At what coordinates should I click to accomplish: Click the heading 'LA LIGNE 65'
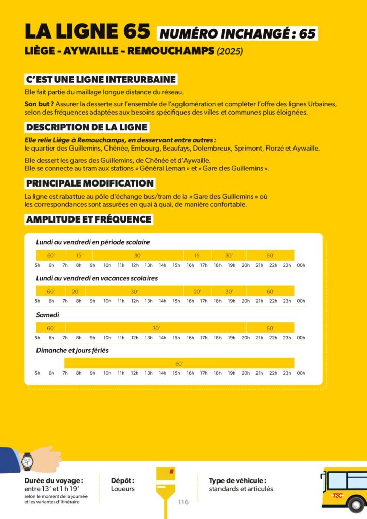[x=87, y=31]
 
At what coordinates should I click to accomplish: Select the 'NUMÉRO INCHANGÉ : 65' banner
[x=238, y=33]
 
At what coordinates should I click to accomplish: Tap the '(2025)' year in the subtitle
[x=230, y=51]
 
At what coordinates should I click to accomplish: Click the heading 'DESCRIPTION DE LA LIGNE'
[x=87, y=127]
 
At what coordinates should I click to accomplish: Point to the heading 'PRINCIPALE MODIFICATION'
[x=90, y=183]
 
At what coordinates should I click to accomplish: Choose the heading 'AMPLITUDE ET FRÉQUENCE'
[x=89, y=219]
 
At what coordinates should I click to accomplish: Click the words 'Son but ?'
[x=35, y=104]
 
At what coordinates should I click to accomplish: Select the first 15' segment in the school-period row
[x=79, y=255]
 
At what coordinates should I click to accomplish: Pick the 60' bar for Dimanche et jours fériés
[x=179, y=363]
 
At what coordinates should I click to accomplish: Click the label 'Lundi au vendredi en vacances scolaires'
[x=97, y=278]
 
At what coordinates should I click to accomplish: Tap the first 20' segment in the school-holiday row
[x=76, y=291]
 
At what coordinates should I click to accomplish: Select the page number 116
[x=183, y=502]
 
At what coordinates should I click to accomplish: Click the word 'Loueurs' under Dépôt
[x=123, y=489]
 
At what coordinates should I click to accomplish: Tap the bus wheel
[x=356, y=505]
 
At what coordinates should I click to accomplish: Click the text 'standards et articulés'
[x=241, y=489]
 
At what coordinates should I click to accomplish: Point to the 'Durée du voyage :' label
[x=54, y=480]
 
